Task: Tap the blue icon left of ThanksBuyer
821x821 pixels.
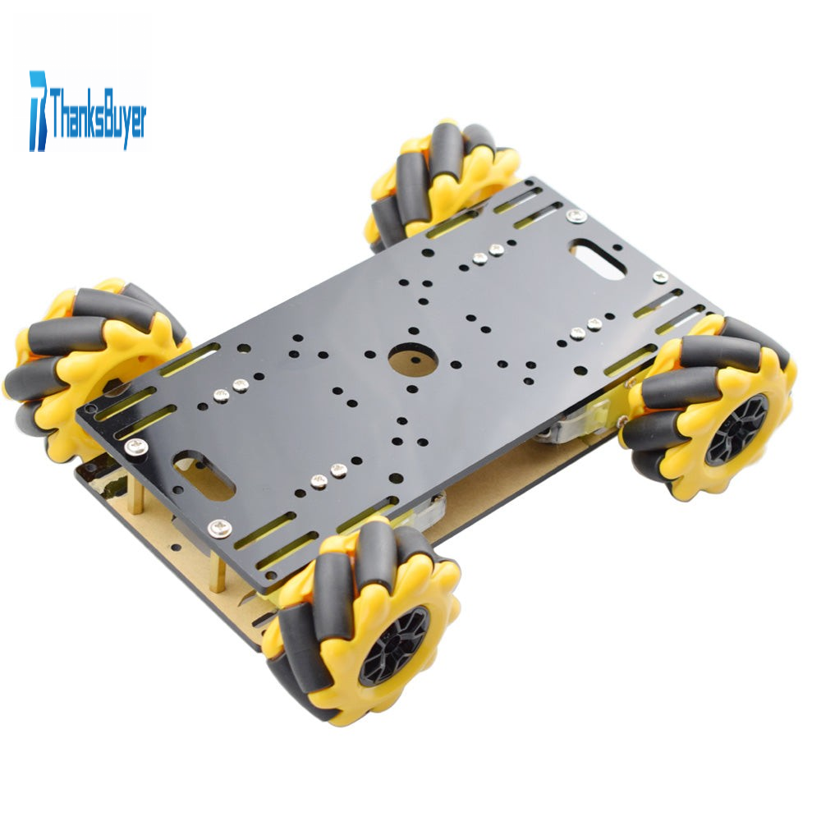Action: (x=38, y=111)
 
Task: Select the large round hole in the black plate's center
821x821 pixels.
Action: (x=413, y=360)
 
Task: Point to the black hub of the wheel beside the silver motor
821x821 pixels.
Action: (x=736, y=429)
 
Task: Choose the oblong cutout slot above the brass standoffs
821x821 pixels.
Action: (x=204, y=476)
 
